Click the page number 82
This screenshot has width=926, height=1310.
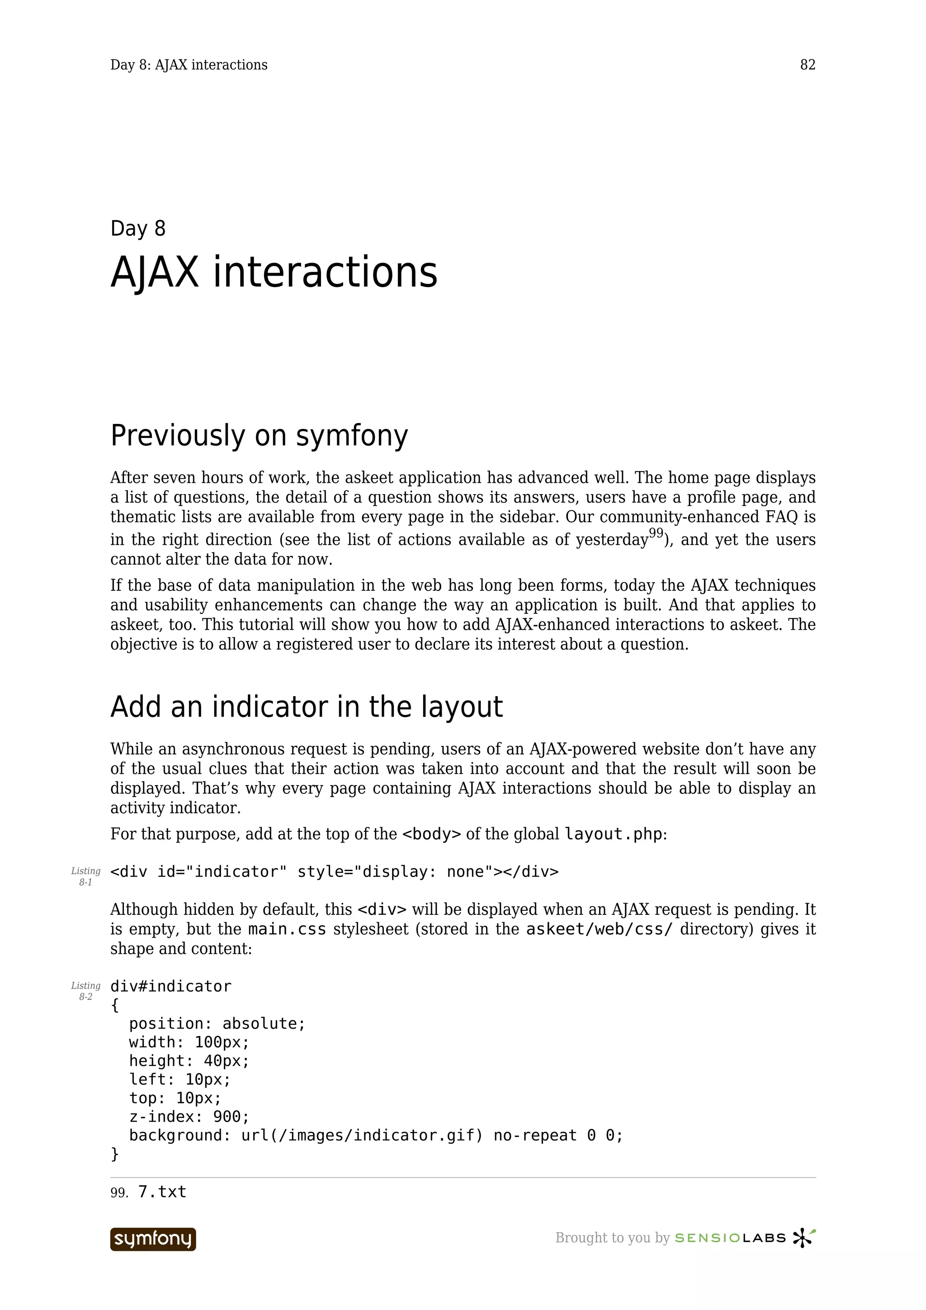point(808,65)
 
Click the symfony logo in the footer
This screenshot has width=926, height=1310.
point(153,1239)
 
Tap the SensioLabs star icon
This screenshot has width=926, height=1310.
point(803,1238)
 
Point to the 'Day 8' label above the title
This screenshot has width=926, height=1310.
point(137,228)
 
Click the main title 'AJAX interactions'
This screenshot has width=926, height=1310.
point(274,272)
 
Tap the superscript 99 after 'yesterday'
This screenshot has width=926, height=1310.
point(656,533)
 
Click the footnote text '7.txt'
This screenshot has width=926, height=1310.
point(162,1192)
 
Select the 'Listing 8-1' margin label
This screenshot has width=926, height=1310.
point(85,876)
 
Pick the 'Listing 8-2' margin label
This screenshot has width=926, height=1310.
point(85,991)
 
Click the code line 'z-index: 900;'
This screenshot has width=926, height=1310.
point(189,1117)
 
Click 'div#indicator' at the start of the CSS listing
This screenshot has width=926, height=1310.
point(170,986)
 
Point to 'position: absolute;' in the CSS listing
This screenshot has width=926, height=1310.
point(217,1023)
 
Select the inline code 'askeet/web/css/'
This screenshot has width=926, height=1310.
point(599,929)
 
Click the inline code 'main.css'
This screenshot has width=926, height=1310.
point(287,929)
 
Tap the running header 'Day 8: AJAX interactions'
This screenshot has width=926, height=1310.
point(189,65)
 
